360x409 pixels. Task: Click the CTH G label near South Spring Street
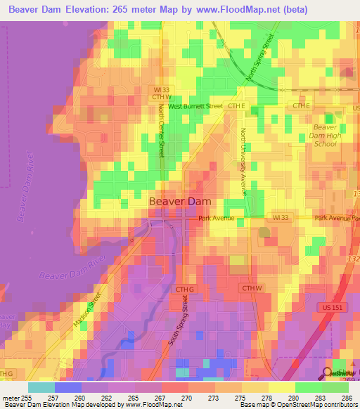click(184, 289)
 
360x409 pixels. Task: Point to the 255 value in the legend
click(28, 397)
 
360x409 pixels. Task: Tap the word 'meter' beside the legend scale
click(10, 397)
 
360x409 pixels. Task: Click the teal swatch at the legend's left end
click(41, 387)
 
